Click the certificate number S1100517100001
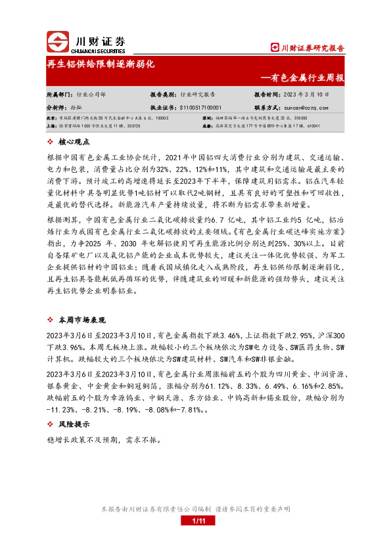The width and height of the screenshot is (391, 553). pyautogui.click(x=200, y=106)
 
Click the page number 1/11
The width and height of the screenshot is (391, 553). pyautogui.click(x=196, y=521)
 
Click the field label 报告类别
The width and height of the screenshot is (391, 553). pyautogui.click(x=161, y=95)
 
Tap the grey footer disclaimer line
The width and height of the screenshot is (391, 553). pyautogui.click(x=195, y=509)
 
